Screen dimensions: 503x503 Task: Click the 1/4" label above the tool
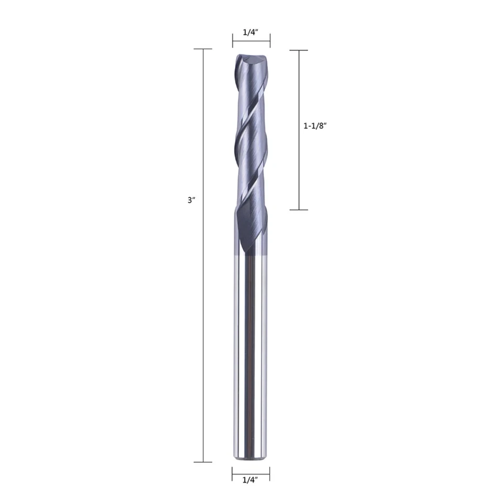click(251, 31)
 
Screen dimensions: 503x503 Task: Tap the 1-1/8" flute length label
click(316, 126)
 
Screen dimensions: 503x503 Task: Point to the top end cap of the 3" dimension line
click(203, 49)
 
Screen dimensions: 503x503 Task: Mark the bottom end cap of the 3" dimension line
click(203, 462)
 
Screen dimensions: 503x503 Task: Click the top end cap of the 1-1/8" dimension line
click(299, 50)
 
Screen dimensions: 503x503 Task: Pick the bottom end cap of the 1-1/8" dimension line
click(299, 210)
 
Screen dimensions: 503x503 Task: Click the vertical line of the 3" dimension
click(203, 314)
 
